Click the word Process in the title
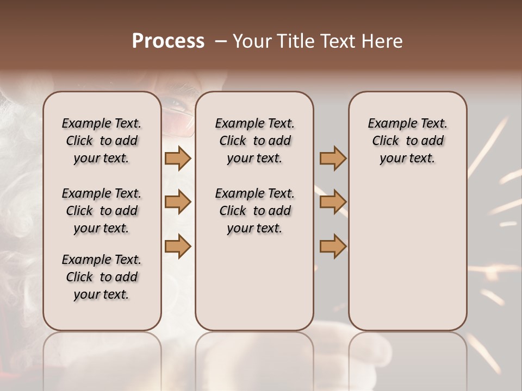168,41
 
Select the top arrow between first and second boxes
178,159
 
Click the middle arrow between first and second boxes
178,202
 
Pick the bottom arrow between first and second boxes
178,247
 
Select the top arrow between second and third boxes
333,159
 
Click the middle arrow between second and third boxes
333,202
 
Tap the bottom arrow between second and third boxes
333,247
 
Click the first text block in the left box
102,141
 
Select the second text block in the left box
102,211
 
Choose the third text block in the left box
102,277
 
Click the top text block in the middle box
254,141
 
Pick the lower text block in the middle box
254,211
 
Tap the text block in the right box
407,141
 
